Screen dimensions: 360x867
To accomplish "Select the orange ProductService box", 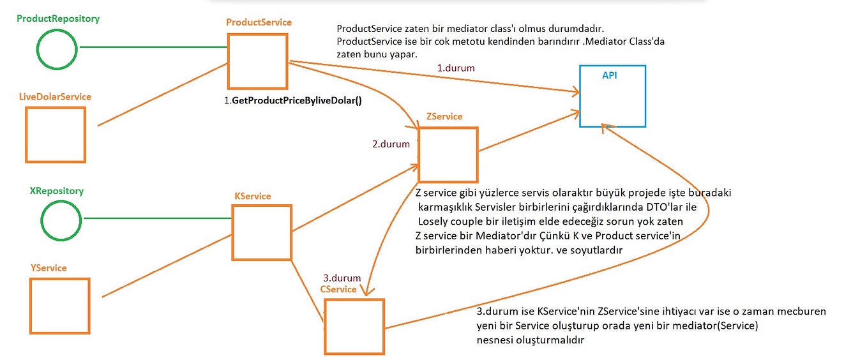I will click(x=257, y=61).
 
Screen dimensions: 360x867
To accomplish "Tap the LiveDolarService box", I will click(x=56, y=135).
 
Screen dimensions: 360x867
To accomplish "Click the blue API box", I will click(x=612, y=96).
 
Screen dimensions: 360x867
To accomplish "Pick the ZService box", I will click(x=448, y=154).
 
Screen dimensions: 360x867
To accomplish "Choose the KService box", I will click(x=262, y=232).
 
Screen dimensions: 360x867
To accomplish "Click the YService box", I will click(x=59, y=305).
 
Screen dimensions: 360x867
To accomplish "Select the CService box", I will click(x=354, y=326).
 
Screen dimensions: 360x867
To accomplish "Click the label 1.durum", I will click(x=455, y=68).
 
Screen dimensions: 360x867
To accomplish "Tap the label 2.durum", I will click(x=391, y=144).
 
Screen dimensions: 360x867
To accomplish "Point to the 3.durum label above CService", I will click(x=342, y=278).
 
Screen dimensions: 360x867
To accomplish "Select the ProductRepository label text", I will click(x=58, y=19).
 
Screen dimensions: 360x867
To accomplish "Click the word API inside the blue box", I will click(x=610, y=75).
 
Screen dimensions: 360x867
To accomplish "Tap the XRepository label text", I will click(x=57, y=191).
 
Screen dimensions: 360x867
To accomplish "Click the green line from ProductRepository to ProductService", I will click(x=153, y=47).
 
